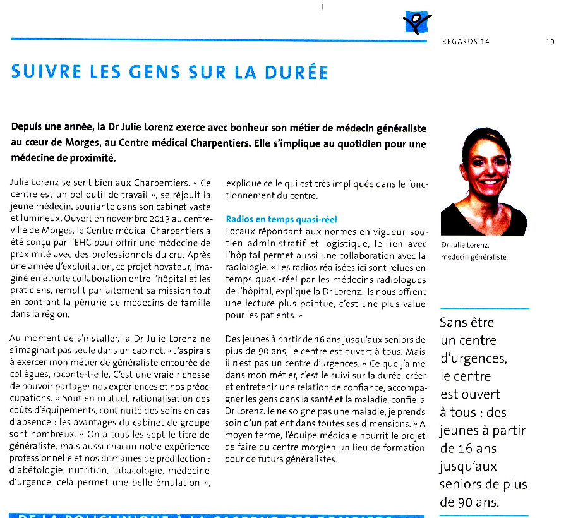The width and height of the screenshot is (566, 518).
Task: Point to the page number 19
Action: [x=550, y=42]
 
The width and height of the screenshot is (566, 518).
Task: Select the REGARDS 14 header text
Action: [x=466, y=42]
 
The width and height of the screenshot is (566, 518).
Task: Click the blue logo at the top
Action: [x=416, y=23]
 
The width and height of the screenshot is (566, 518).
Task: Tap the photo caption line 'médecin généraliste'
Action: [x=473, y=256]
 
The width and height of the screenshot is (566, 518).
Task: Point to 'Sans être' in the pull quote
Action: [x=467, y=323]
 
